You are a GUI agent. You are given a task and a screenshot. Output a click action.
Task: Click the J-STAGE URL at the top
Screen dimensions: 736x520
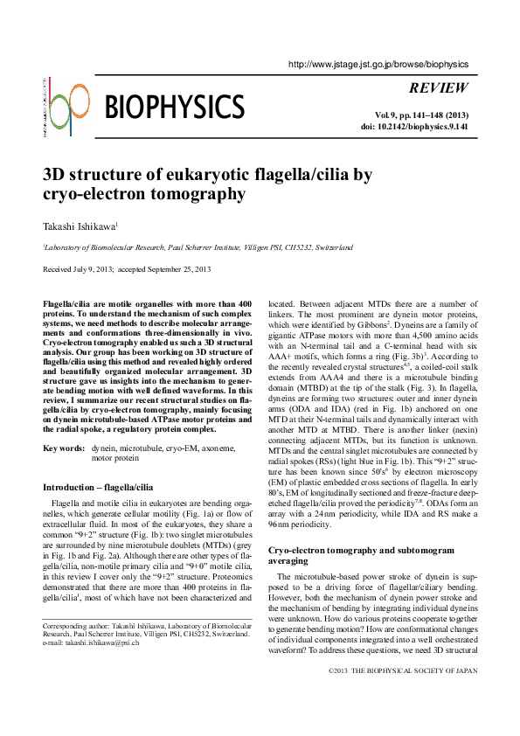click(378, 64)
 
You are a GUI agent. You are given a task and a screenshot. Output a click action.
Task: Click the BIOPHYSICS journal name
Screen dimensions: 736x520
click(174, 108)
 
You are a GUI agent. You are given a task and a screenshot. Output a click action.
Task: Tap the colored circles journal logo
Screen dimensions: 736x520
click(69, 109)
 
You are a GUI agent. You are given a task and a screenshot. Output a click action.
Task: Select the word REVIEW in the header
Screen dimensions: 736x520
click(438, 88)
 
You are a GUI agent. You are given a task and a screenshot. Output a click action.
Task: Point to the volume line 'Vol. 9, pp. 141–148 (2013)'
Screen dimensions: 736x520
click(421, 115)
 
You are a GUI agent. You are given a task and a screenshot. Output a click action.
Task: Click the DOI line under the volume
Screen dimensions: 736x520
click(414, 127)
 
